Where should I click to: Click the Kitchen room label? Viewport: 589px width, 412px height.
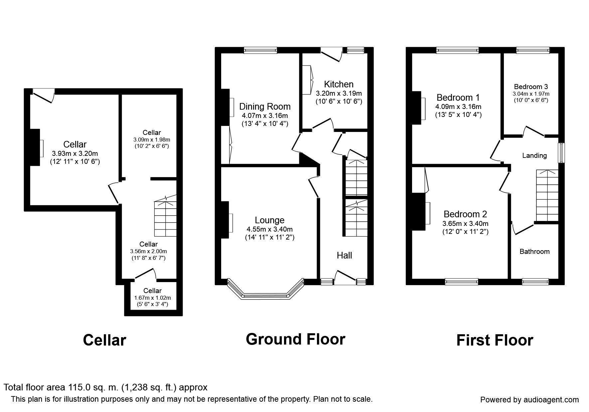pos(339,84)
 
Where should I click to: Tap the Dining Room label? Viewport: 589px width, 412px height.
pos(265,106)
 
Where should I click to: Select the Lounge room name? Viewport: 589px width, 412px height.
pos(270,220)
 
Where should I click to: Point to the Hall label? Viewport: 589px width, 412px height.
pos(344,255)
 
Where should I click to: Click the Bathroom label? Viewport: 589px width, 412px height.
pos(534,252)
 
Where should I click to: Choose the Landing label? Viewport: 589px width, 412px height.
pos(534,155)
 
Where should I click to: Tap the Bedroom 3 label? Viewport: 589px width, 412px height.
pos(531,87)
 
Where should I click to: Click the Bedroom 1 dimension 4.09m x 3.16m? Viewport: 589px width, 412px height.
pos(458,107)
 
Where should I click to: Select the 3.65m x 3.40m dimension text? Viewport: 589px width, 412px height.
pos(465,224)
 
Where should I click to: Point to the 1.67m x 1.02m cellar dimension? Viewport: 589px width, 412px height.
pos(152,298)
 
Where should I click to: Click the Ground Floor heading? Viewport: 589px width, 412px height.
pos(295,339)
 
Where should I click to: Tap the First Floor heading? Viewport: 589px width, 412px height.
pos(495,340)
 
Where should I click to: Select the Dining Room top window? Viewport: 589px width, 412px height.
pos(260,50)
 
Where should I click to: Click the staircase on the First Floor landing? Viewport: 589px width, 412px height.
pos(547,195)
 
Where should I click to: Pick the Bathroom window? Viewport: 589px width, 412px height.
pos(535,282)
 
